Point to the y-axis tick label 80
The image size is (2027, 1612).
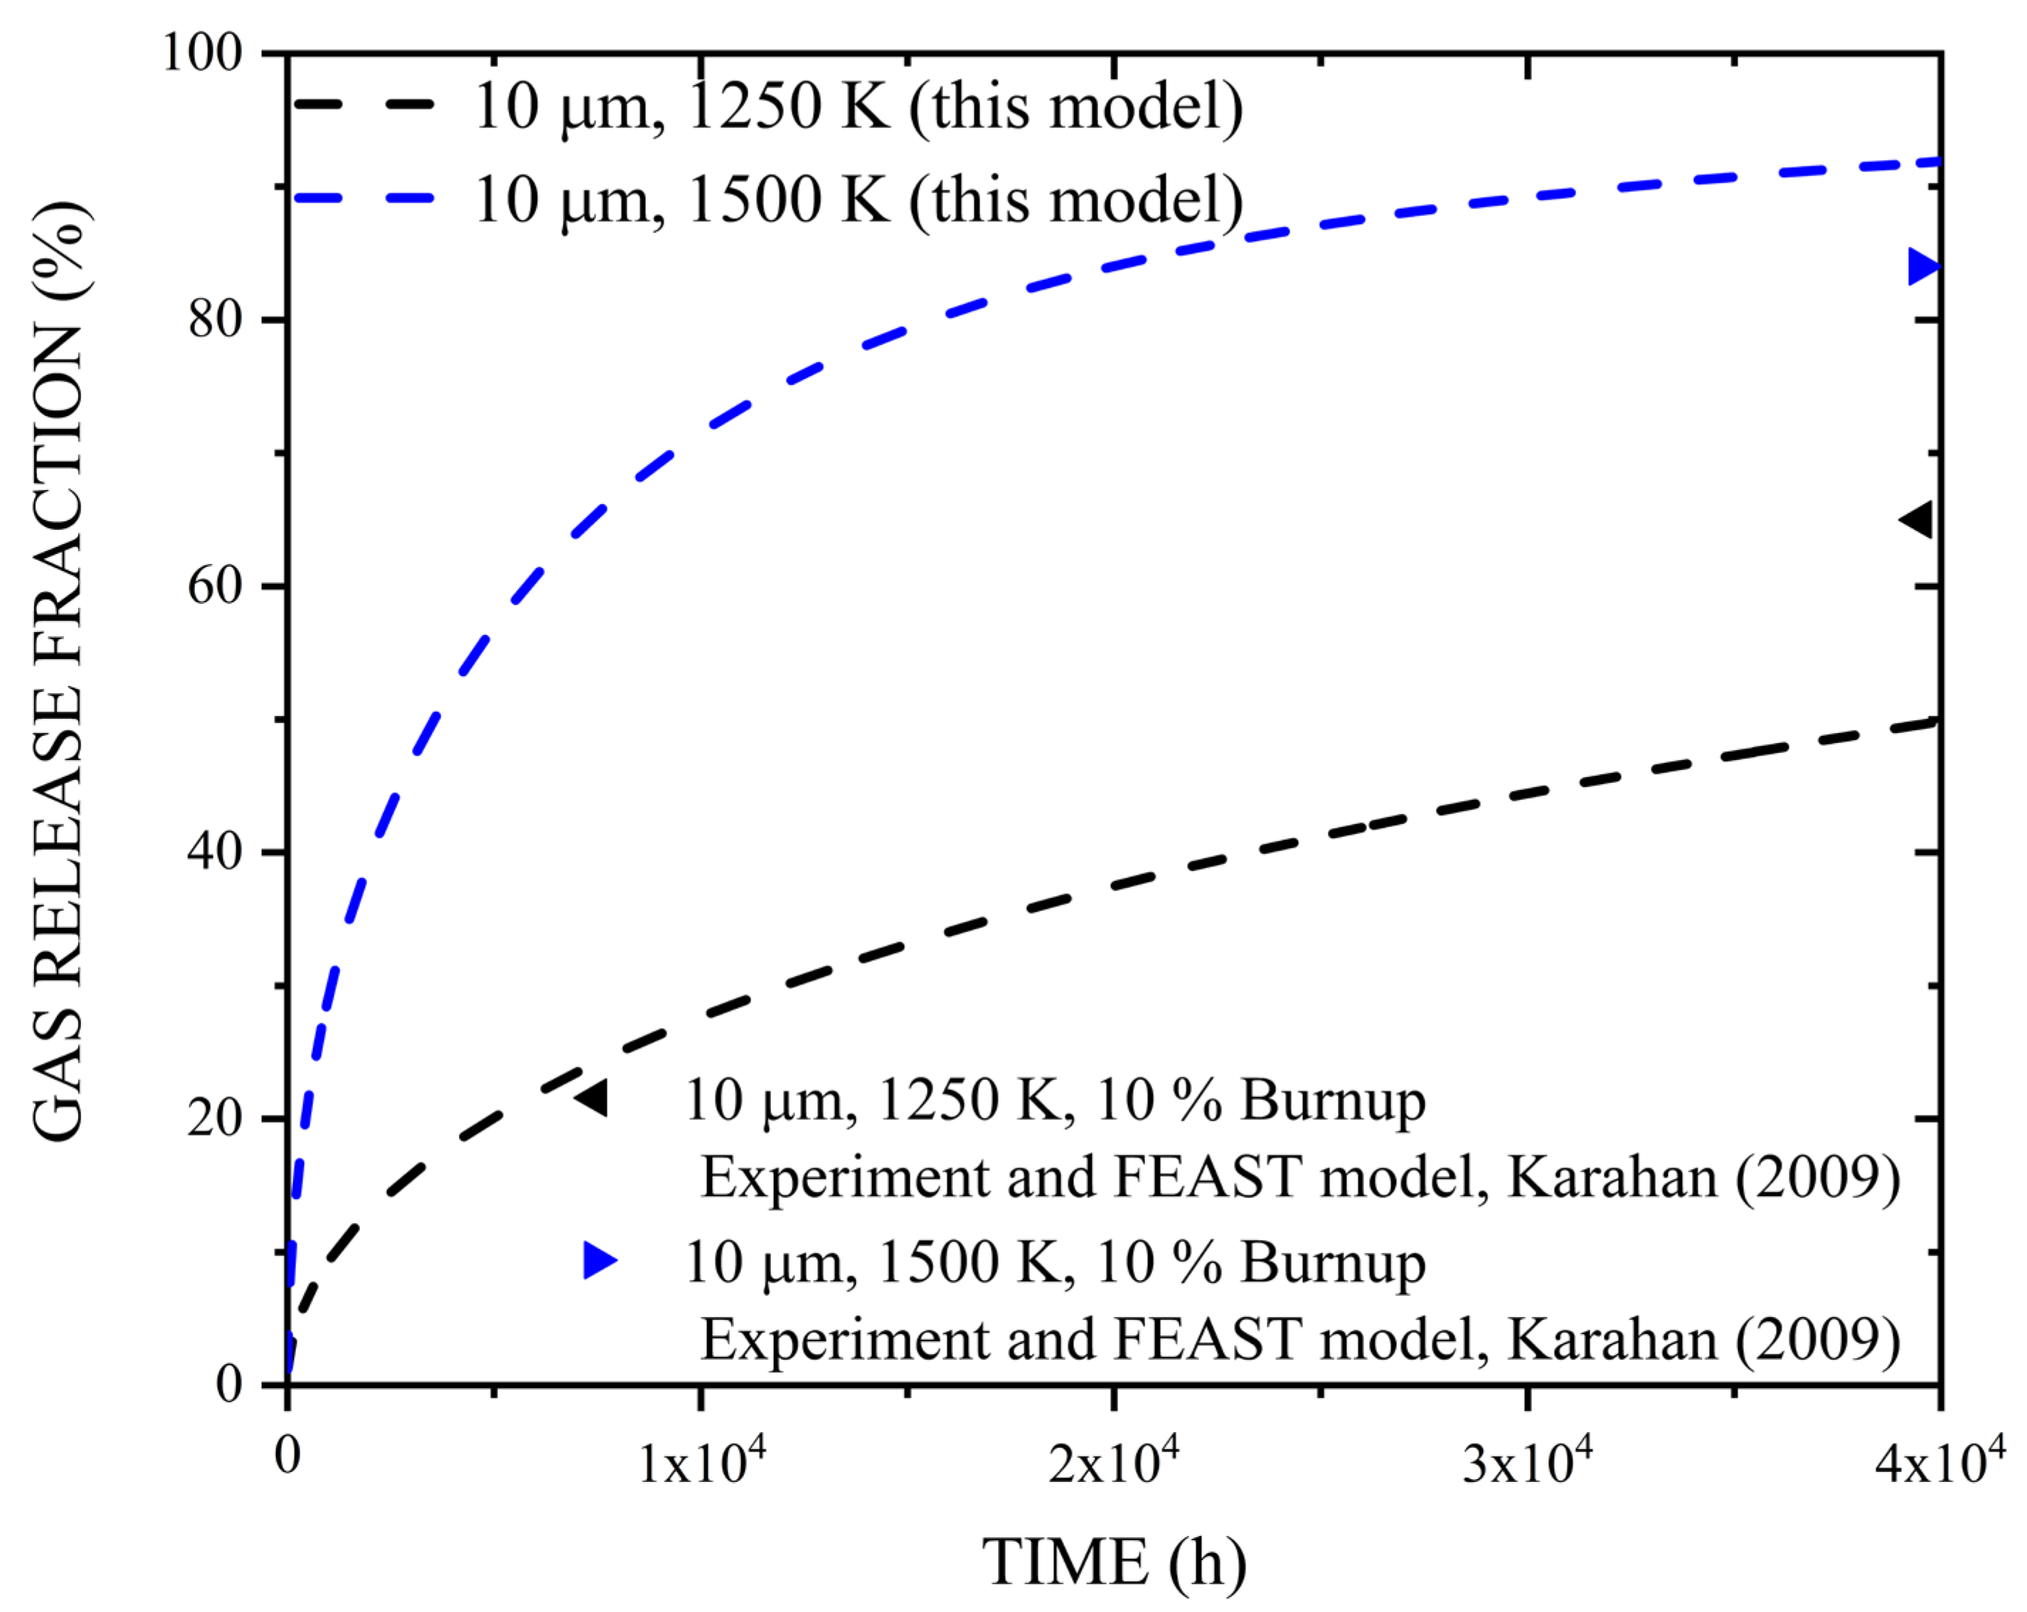[216, 319]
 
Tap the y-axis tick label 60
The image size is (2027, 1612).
[216, 586]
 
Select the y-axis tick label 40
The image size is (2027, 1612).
[216, 852]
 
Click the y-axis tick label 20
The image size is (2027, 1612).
[216, 1119]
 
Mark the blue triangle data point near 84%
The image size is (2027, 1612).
[1922, 267]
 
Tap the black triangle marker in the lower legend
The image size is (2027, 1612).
[593, 1098]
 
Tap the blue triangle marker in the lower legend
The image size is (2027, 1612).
[599, 1259]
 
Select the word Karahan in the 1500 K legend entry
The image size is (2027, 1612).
[1612, 1338]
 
